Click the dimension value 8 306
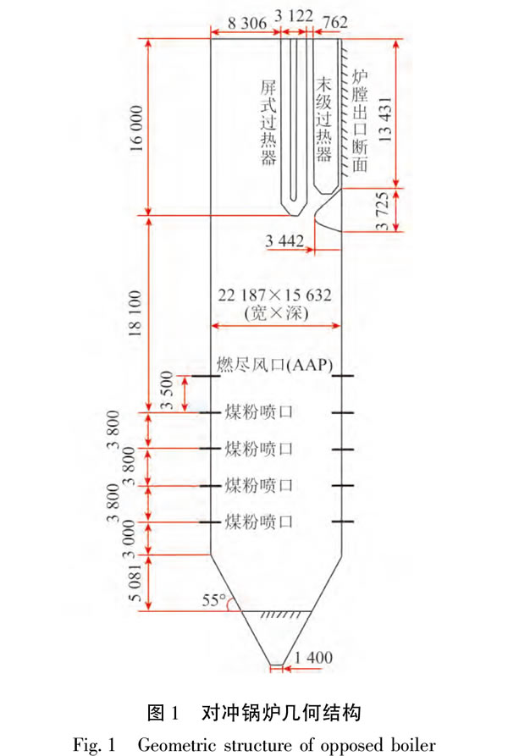coord(246,23)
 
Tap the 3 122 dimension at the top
coord(294,16)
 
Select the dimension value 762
coord(334,22)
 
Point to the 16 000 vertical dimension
coord(136,128)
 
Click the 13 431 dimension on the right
coord(384,119)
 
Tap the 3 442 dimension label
coord(284,240)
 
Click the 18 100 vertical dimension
coord(135,313)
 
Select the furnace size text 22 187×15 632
coord(274,295)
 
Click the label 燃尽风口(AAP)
coord(274,365)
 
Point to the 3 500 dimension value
coord(166,390)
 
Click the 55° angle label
coord(214,600)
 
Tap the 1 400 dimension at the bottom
coord(312,657)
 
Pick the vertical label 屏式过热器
coord(268,123)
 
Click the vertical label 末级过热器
coord(324,119)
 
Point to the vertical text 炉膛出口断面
coord(360,120)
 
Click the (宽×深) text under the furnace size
coord(276,313)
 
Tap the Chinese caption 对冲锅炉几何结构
coord(281,712)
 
